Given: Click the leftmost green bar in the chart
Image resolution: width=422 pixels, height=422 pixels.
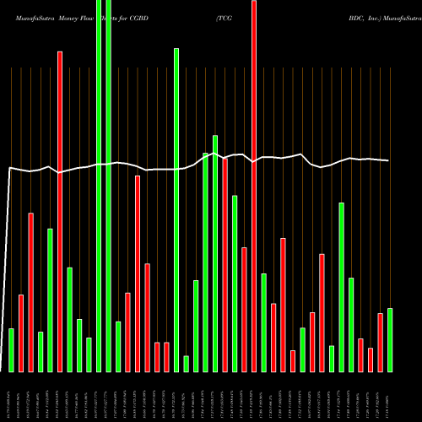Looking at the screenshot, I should pyautogui.click(x=11, y=349).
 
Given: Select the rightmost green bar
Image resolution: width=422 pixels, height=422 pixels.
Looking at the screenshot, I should pyautogui.click(x=389, y=339).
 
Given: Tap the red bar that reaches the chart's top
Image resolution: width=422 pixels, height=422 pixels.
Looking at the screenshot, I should pyautogui.click(x=254, y=186).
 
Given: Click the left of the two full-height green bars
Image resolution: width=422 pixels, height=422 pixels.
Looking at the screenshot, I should pyautogui.click(x=99, y=186).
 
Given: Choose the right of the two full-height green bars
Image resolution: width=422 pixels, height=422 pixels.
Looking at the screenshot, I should pyautogui.click(x=109, y=186).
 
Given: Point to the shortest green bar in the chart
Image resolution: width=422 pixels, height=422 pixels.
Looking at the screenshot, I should pyautogui.click(x=187, y=364).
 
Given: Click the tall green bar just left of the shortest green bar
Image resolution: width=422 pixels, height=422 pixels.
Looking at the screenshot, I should pyautogui.click(x=176, y=209).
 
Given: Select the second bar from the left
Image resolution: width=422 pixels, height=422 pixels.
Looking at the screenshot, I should pyautogui.click(x=21, y=333).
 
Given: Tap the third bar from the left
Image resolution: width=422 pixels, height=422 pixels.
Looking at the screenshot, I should pyautogui.click(x=31, y=292).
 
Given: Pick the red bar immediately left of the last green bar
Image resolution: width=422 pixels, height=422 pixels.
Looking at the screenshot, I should pyautogui.click(x=380, y=342).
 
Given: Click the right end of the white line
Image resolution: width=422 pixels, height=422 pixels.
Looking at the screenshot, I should pyautogui.click(x=388, y=160).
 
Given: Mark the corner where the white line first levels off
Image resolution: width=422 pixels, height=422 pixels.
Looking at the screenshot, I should pyautogui.click(x=10, y=169).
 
